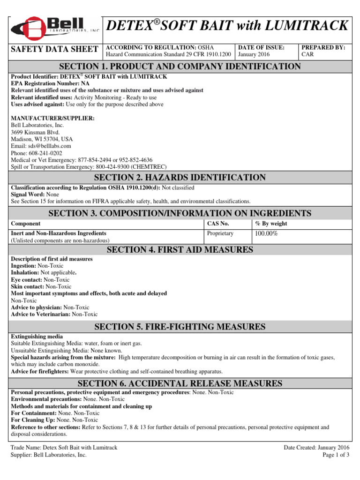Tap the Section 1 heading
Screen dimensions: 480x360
[180, 67]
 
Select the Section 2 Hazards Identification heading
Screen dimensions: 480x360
[180, 177]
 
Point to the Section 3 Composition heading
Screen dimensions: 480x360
[180, 213]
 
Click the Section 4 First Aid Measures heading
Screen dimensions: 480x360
[180, 250]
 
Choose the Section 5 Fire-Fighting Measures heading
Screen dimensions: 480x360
[180, 326]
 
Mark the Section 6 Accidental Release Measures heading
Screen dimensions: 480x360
[180, 384]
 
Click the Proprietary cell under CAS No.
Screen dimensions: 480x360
[220, 233]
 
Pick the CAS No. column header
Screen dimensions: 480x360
[218, 224]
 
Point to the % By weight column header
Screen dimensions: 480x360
[271, 224]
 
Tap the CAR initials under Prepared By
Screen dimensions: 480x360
[307, 54]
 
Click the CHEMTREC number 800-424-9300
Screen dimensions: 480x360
[111, 166]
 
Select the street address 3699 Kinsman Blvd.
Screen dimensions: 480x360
[35, 132]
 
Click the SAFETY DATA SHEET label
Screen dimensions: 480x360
[54, 49]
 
